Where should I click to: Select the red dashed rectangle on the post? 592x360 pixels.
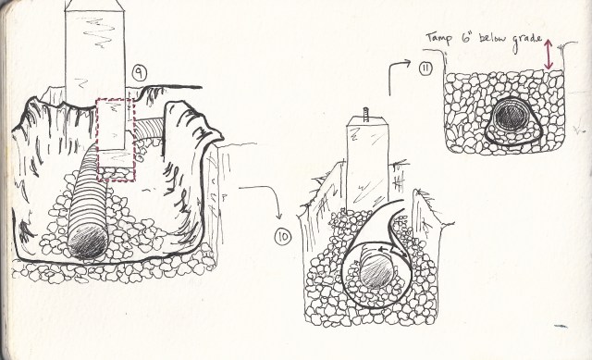pyautogui.click(x=117, y=139)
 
